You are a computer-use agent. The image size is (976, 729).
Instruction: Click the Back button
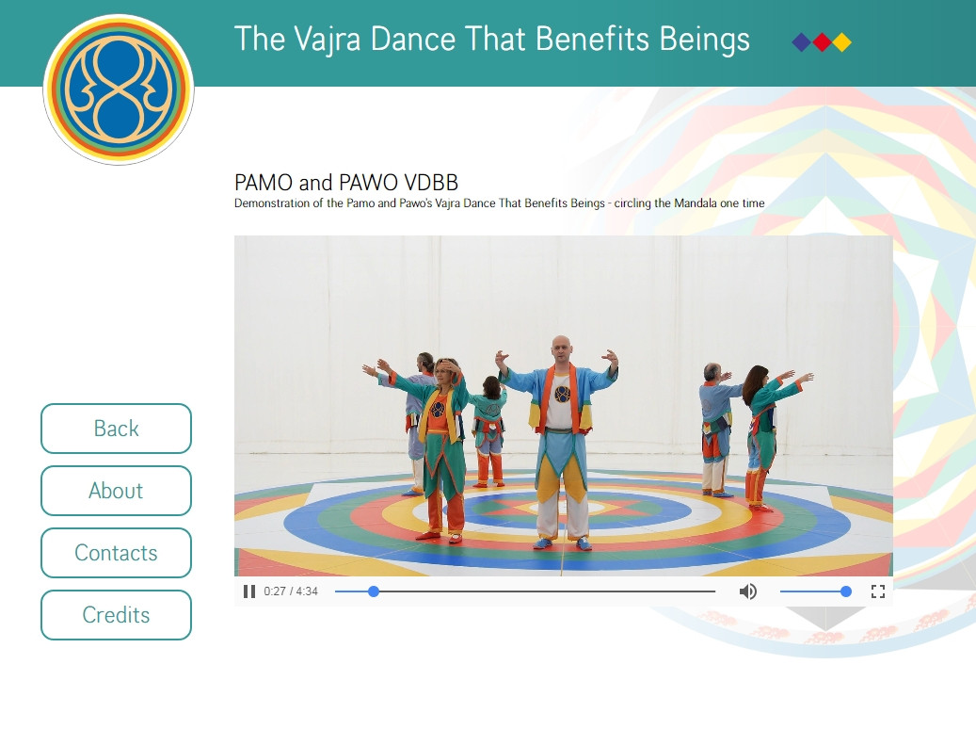pyautogui.click(x=116, y=429)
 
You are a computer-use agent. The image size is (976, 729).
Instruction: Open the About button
pyautogui.click(x=116, y=491)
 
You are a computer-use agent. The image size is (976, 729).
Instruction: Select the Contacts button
pyautogui.click(x=116, y=553)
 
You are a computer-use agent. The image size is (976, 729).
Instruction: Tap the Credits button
pyautogui.click(x=116, y=615)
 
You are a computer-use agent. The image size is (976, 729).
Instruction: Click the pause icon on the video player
pyautogui.click(x=249, y=591)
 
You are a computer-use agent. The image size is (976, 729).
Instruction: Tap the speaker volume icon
pyautogui.click(x=747, y=591)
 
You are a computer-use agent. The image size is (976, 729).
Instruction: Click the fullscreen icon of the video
pyautogui.click(x=878, y=591)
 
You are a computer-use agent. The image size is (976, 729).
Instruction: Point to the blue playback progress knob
pyautogui.click(x=374, y=591)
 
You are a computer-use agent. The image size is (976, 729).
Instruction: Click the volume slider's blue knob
pyautogui.click(x=845, y=591)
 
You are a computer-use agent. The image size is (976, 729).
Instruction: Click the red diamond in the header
pyautogui.click(x=822, y=42)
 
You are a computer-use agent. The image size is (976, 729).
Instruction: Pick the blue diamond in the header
pyautogui.click(x=802, y=42)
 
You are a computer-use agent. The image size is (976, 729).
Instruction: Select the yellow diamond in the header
pyautogui.click(x=841, y=42)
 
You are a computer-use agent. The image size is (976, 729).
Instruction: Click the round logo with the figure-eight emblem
pyautogui.click(x=119, y=89)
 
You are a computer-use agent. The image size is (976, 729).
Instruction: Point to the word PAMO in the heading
pyautogui.click(x=264, y=183)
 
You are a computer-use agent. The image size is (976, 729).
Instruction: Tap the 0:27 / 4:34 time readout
pyautogui.click(x=291, y=591)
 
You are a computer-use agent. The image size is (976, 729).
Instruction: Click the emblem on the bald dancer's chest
pyautogui.click(x=562, y=394)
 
